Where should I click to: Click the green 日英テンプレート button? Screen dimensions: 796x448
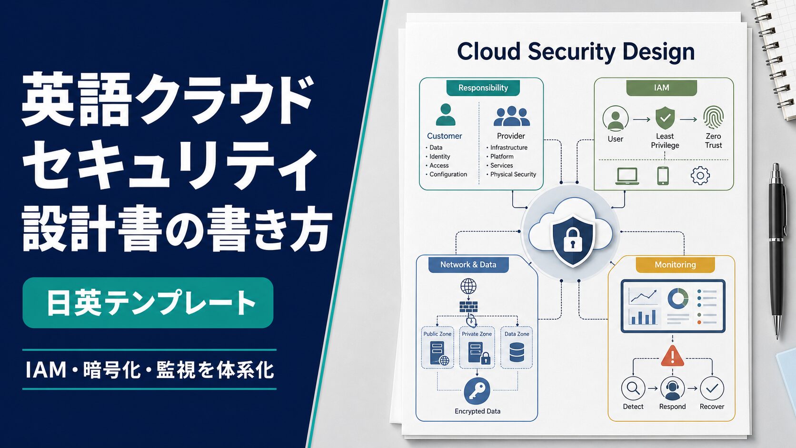(148, 302)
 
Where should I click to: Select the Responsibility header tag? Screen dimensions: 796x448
(483, 88)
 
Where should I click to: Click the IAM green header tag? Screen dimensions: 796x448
(661, 88)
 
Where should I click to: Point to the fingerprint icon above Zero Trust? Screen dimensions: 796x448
(713, 117)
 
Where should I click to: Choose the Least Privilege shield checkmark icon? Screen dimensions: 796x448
(665, 118)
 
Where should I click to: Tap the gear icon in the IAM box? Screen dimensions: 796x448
(700, 176)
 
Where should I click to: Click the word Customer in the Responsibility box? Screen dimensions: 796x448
(444, 136)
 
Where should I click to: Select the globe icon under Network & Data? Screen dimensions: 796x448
(468, 286)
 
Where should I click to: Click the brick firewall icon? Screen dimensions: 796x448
(468, 307)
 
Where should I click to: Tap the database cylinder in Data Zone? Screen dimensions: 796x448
(517, 352)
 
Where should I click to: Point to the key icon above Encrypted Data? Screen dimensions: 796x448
(477, 391)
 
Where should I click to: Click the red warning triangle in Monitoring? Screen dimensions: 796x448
(672, 356)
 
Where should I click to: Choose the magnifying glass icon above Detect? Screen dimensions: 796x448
(633, 388)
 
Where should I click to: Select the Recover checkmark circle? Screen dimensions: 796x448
(712, 388)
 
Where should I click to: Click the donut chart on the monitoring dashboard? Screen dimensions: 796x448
(678, 298)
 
